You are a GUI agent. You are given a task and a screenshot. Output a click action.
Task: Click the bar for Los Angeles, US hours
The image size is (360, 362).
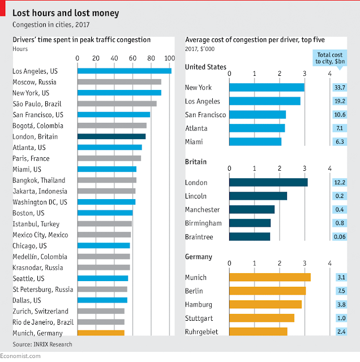point(124,71)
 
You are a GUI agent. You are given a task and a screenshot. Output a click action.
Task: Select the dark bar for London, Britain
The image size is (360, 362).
point(111,136)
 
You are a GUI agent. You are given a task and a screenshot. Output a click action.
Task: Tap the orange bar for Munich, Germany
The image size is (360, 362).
point(100,333)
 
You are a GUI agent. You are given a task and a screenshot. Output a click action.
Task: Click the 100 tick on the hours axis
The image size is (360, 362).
point(169,58)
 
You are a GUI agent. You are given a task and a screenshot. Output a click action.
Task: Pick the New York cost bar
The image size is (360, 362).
point(267,88)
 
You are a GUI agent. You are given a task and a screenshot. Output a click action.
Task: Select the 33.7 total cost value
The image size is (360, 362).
point(340,88)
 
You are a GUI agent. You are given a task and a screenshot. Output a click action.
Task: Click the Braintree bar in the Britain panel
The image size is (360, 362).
point(250,236)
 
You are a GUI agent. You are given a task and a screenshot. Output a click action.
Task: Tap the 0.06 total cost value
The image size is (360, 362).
point(340,236)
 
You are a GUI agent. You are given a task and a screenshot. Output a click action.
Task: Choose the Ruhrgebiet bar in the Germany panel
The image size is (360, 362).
point(258,331)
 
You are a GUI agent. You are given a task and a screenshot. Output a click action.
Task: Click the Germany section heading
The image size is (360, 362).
point(198,257)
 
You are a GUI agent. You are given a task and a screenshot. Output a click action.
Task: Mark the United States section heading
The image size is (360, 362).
point(205,67)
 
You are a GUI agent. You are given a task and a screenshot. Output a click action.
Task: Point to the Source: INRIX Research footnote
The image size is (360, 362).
point(42,343)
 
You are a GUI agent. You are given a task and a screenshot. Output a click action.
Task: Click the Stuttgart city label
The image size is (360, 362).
point(200,318)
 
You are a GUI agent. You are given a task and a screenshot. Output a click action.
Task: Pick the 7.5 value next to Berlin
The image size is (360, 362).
point(340,291)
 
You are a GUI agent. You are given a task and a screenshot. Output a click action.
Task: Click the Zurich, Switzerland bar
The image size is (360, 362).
point(100,311)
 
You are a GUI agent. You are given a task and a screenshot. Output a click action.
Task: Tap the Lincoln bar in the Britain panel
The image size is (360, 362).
point(258,196)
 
